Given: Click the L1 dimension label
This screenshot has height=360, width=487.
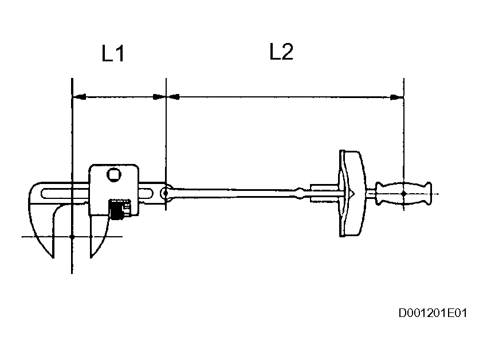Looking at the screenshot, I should pyautogui.click(x=113, y=54).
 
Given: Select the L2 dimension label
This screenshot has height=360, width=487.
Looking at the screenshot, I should pyautogui.click(x=281, y=52).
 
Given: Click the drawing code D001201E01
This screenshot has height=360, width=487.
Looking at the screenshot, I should pyautogui.click(x=433, y=314).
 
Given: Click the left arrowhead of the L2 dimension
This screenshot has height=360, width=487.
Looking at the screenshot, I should pyautogui.click(x=172, y=97).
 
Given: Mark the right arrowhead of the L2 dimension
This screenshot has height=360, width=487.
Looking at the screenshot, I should pyautogui.click(x=396, y=97).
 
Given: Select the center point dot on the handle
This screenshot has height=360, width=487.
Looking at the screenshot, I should pyautogui.click(x=403, y=194).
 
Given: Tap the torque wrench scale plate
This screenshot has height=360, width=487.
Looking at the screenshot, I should pyautogui.click(x=349, y=194).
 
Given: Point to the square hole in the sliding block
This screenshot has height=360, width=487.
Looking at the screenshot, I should pyautogui.click(x=114, y=174).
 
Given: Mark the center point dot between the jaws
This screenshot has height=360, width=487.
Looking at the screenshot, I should pyautogui.click(x=72, y=236).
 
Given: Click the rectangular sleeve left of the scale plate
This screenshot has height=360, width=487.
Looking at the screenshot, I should pyautogui.click(x=324, y=193).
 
